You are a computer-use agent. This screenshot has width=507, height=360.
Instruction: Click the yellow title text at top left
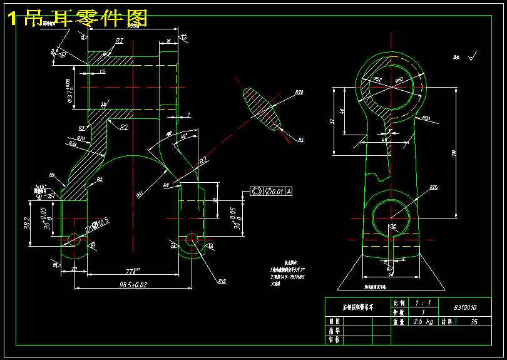[78, 18]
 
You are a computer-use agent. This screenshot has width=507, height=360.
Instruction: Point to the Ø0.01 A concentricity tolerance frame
[271, 192]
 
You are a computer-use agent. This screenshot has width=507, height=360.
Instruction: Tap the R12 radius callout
[222, 281]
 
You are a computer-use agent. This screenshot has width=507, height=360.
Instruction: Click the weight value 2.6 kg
[422, 322]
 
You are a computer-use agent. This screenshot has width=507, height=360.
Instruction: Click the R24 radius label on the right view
[433, 188]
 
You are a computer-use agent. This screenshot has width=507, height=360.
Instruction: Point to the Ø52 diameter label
[377, 79]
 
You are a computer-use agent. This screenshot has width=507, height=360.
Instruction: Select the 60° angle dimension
[183, 136]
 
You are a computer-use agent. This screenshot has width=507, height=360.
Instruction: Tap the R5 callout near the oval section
[300, 140]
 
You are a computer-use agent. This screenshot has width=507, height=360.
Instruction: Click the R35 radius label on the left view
[73, 145]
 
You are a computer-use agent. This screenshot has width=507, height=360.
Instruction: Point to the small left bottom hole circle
[73, 239]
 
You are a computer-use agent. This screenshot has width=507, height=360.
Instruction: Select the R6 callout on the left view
[52, 175]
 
